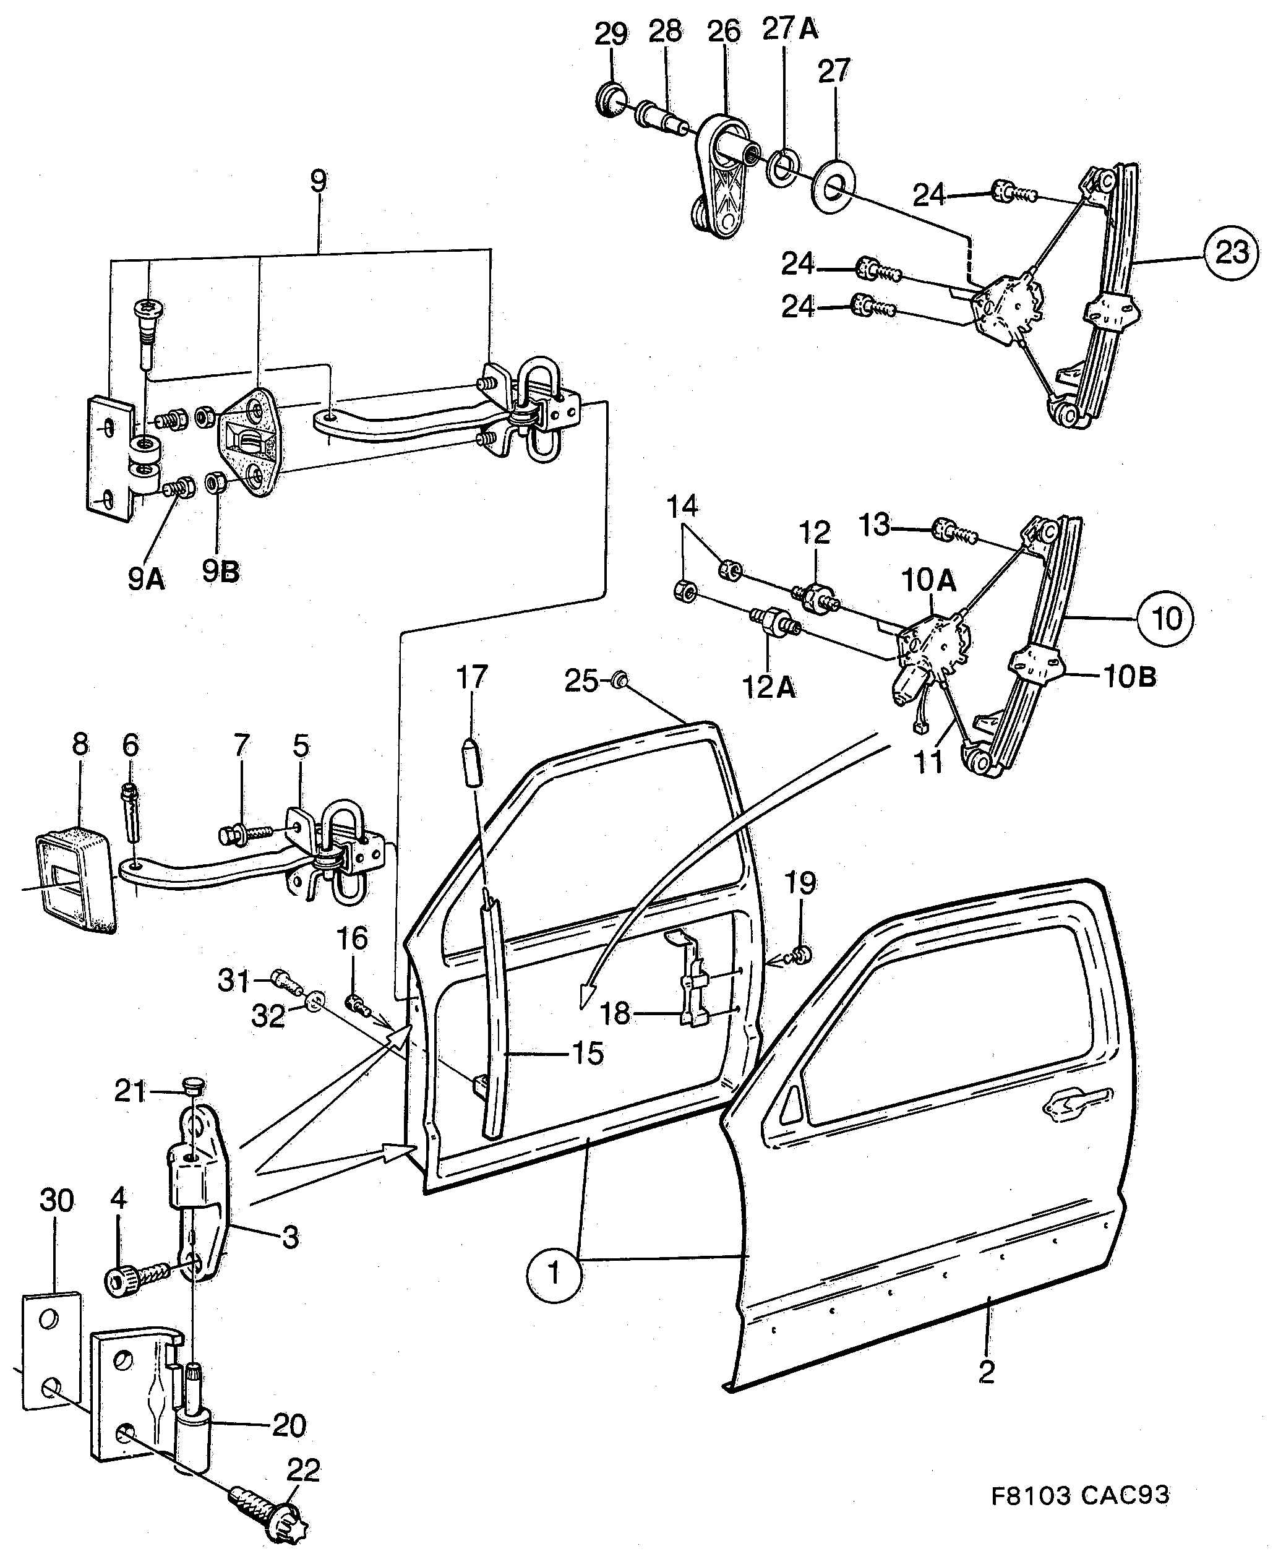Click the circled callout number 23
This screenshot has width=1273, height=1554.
(x=1231, y=252)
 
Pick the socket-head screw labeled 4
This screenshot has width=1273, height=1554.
(x=122, y=1281)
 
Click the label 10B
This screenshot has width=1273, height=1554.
(x=1129, y=677)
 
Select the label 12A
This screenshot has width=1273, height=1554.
(x=768, y=687)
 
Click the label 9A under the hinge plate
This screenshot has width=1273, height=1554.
(x=145, y=580)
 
